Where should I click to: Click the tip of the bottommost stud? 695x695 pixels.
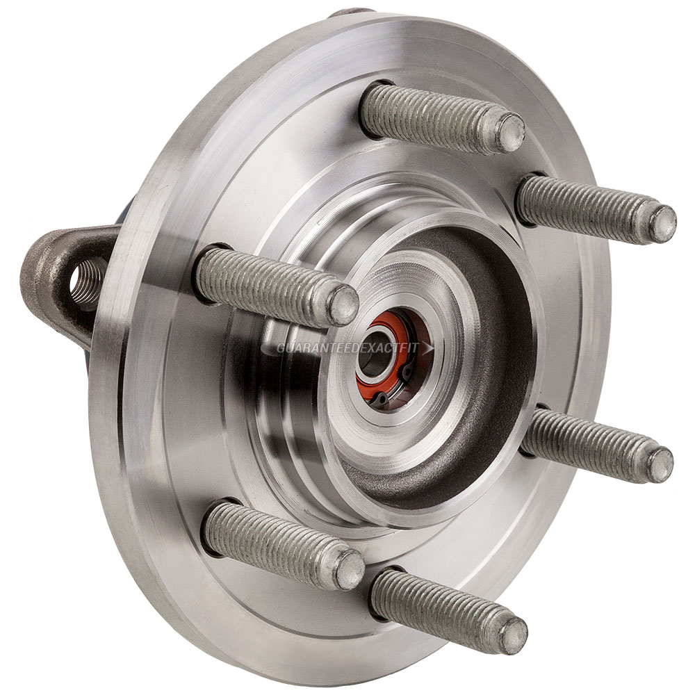point(514,635)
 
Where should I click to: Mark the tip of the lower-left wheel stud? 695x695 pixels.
point(350,571)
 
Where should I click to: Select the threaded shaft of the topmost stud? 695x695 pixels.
point(431,115)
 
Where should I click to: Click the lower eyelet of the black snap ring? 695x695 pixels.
point(382,398)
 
